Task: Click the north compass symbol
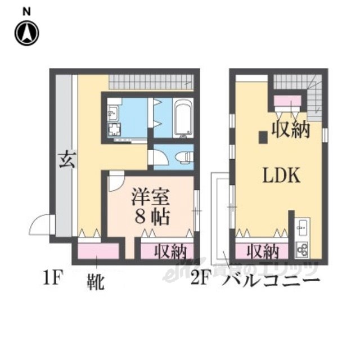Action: [26, 32]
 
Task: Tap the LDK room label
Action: [282, 175]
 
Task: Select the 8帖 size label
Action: [151, 218]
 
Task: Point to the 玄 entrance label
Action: [65, 160]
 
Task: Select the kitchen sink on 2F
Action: [301, 228]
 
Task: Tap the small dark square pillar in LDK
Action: [263, 137]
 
